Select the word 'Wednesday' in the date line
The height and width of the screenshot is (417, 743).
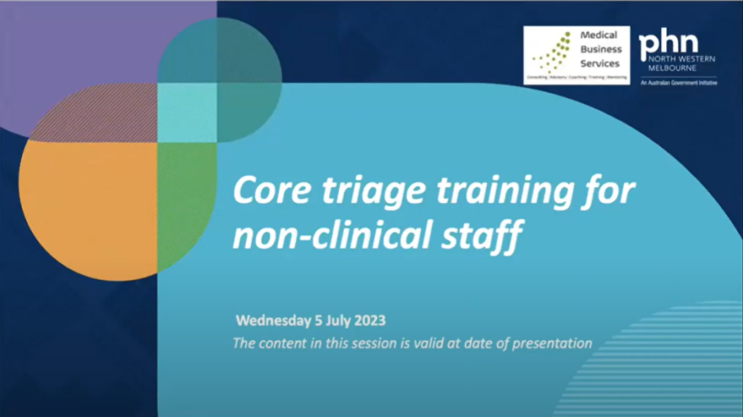(x=273, y=322)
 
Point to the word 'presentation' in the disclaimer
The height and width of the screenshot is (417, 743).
(x=556, y=344)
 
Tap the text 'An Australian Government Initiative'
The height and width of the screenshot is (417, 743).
(x=679, y=82)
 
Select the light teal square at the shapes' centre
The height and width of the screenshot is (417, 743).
(x=187, y=112)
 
